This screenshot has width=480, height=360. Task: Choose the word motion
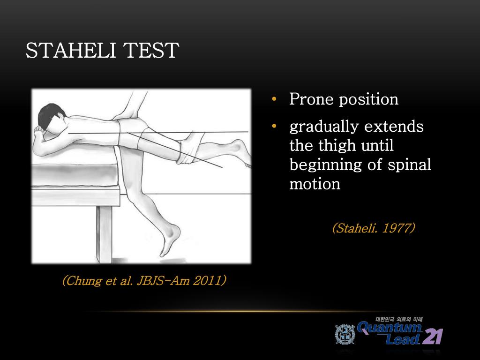tap(315, 184)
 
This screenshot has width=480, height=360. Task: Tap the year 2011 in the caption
tap(206, 281)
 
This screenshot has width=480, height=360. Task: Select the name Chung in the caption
tap(81, 281)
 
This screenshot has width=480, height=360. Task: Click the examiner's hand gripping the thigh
tap(187, 148)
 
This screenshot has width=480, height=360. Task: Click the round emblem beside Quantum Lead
tap(345, 334)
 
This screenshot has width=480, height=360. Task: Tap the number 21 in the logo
tap(432, 336)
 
